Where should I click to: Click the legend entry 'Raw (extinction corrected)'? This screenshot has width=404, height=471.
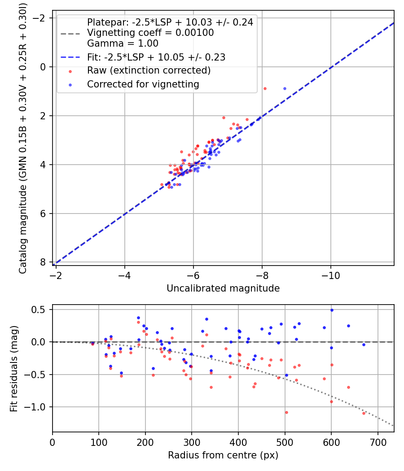tap(149, 70)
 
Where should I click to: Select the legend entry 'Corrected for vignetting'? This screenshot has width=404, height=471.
tap(143, 84)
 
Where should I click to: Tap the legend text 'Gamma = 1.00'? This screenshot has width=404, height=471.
tap(123, 43)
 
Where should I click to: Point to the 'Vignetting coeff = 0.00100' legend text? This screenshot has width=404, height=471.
tap(150, 32)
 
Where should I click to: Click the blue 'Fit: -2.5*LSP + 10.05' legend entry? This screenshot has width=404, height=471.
tap(156, 57)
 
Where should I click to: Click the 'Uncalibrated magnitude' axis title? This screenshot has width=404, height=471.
tap(223, 288)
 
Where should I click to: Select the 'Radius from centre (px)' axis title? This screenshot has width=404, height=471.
tap(223, 455)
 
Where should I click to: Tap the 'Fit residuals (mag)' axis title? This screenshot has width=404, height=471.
tap(14, 369)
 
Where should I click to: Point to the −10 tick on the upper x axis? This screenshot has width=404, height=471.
tap(331, 275)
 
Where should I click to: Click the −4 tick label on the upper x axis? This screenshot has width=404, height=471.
tap(124, 275)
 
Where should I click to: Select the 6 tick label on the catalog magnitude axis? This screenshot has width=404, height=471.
tap(43, 214)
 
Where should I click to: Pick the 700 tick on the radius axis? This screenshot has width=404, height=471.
tap(378, 442)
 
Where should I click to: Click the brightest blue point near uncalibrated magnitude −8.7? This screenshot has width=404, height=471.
tap(285, 89)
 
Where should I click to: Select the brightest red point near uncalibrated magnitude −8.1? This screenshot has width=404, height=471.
tap(265, 89)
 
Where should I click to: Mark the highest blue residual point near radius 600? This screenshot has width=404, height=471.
tap(332, 310)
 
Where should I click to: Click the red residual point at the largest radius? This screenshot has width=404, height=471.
tap(364, 413)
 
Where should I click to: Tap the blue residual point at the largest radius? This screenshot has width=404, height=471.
tap(364, 345)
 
